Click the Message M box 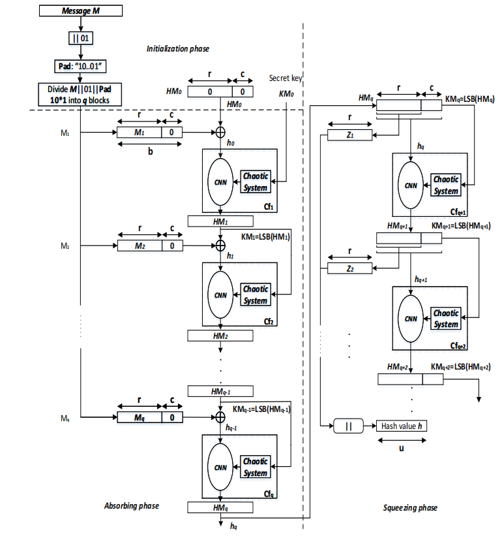81,10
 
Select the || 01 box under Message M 81,39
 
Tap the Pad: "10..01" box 81,67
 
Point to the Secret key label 286,78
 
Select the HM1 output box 220,221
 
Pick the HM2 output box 220,335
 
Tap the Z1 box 349,135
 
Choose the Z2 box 349,268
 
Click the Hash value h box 401,426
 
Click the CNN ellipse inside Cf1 220,183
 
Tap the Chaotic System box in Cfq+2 447,319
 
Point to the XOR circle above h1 220,246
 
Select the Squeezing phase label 410,508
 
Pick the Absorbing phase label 132,506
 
